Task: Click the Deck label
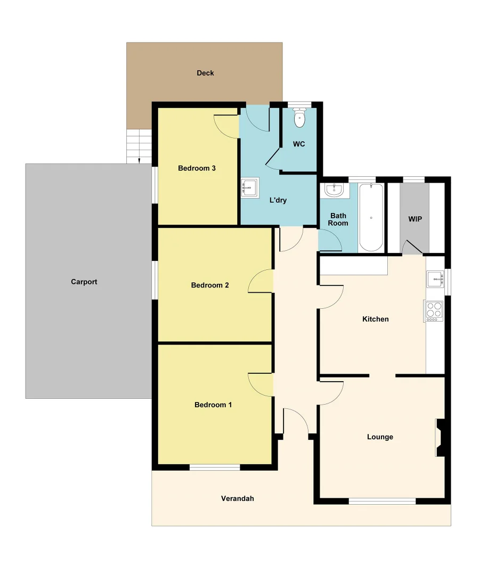(x=205, y=73)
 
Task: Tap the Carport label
(x=84, y=282)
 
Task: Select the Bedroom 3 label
(x=197, y=168)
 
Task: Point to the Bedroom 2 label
(x=210, y=285)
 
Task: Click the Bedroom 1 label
(x=213, y=405)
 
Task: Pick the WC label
(x=299, y=144)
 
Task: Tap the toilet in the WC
(x=299, y=118)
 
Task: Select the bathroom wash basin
(x=335, y=190)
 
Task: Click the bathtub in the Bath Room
(x=371, y=217)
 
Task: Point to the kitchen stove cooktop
(x=433, y=310)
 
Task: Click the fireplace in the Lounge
(x=440, y=438)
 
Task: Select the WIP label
(x=415, y=219)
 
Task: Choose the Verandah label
(x=238, y=499)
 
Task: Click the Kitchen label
(x=376, y=319)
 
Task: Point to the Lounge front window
(x=382, y=501)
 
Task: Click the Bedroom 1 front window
(x=215, y=467)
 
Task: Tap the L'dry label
(x=278, y=200)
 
